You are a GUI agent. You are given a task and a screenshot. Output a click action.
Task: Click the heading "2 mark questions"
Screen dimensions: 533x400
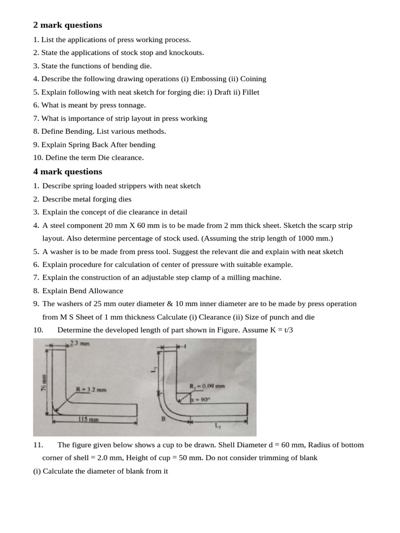pos(68,25)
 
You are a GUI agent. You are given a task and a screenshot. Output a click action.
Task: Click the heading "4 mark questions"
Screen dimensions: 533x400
pos(68,172)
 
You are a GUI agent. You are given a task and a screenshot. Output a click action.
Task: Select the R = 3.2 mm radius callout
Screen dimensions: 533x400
pos(91,389)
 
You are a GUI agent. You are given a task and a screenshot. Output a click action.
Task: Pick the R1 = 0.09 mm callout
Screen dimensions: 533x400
pos(207,386)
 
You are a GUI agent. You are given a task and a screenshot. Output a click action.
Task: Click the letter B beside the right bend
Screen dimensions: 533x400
pos(162,417)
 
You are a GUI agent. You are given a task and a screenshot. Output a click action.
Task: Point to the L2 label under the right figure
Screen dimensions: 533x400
pos(218,425)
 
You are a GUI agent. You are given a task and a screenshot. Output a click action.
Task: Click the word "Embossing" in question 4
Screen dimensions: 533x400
pos(208,79)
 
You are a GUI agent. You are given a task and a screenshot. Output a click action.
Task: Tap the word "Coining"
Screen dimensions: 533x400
pos(253,79)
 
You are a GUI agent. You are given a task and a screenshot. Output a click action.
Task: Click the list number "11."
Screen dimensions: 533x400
pos(37,445)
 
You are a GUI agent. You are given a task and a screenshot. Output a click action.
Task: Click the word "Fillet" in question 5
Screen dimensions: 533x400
pos(249,92)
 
